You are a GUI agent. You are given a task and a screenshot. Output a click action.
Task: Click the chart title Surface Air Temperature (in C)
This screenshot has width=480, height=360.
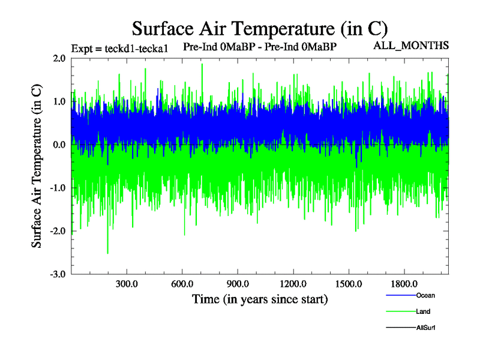(x=260, y=28)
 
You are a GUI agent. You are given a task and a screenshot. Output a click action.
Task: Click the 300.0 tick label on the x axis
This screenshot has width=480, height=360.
(x=127, y=284)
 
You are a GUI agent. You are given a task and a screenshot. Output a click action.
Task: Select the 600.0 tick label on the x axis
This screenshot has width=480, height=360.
(x=182, y=284)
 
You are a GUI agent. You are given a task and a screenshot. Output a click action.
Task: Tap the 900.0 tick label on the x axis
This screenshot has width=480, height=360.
(x=238, y=284)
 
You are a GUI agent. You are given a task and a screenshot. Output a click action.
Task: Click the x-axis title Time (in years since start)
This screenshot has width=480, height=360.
(x=260, y=298)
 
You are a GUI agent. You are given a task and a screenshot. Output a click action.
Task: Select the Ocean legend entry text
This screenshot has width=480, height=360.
(x=425, y=295)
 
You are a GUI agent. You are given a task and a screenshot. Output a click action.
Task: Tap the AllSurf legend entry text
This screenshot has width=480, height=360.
(x=426, y=328)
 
